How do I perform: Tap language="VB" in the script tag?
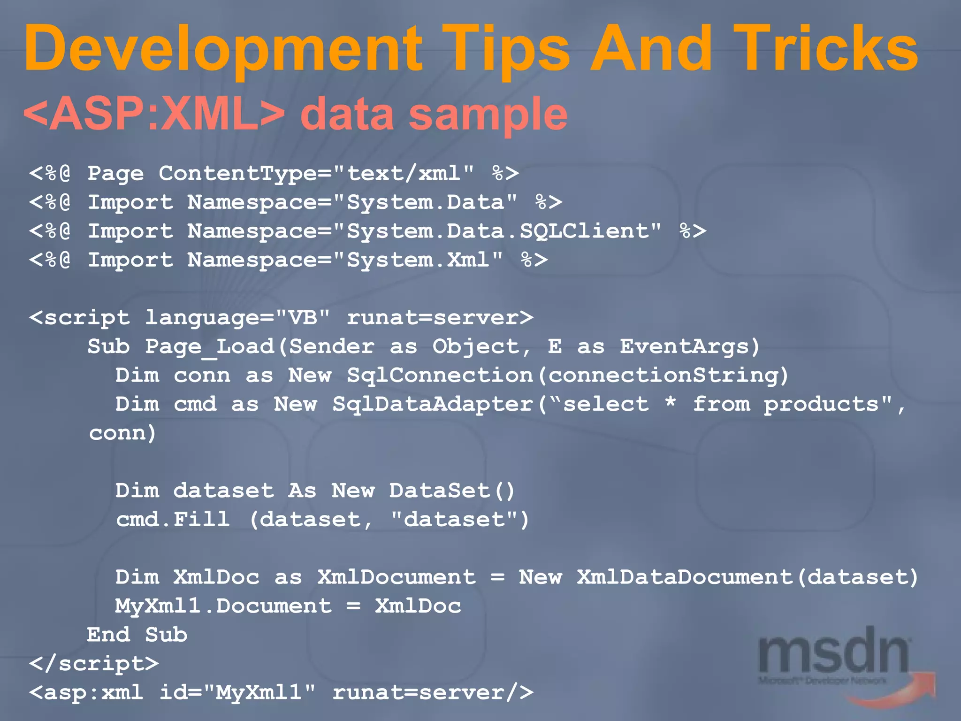(x=237, y=318)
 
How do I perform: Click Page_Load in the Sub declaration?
(x=210, y=347)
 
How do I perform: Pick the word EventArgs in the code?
(x=685, y=347)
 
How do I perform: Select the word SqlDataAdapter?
(x=433, y=405)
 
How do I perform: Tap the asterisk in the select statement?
(x=671, y=403)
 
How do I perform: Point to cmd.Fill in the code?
(x=173, y=520)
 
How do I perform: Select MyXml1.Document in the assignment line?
(x=223, y=606)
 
